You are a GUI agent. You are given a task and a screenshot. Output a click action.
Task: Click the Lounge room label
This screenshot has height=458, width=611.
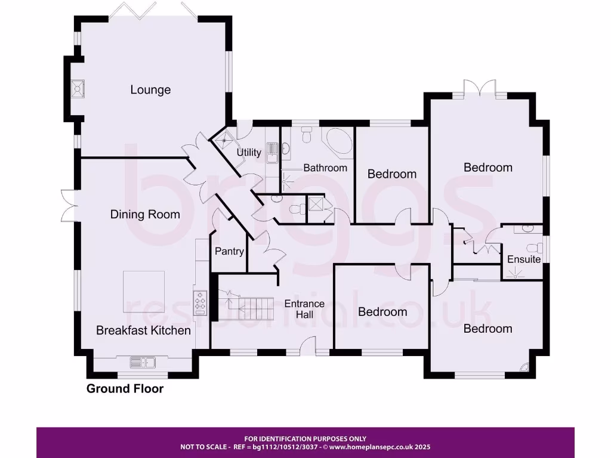pyautogui.click(x=150, y=90)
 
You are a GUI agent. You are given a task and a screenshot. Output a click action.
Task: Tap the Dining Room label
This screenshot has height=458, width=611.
pyautogui.click(x=145, y=214)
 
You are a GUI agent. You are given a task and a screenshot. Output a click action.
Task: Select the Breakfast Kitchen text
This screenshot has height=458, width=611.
pyautogui.click(x=143, y=330)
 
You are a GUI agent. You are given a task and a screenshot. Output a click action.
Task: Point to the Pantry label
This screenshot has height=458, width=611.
pyautogui.click(x=229, y=251)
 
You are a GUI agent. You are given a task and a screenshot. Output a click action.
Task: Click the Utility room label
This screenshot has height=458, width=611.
pyautogui.click(x=249, y=152)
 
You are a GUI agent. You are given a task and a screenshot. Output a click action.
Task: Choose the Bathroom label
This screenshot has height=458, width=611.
pyautogui.click(x=325, y=168)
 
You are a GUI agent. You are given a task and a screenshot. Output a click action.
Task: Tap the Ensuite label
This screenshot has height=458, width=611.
pyautogui.click(x=524, y=259)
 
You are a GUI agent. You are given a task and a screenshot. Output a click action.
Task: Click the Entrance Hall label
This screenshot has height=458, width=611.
pyautogui.click(x=304, y=308)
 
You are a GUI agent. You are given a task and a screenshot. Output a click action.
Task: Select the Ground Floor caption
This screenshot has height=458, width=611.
pyautogui.click(x=125, y=389)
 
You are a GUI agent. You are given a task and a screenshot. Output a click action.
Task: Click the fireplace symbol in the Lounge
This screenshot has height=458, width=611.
pyautogui.click(x=78, y=89)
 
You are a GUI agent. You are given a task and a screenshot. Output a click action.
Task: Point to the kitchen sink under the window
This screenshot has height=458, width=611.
pyautogui.click(x=143, y=361)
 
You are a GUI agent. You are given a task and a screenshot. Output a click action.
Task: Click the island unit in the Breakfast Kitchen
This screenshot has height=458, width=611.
pyautogui.click(x=144, y=291)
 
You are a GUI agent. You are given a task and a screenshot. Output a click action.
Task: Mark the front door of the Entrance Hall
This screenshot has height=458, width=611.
pyautogui.click(x=308, y=345)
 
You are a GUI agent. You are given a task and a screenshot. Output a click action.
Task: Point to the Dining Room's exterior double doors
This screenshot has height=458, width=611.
pyautogui.click(x=67, y=204)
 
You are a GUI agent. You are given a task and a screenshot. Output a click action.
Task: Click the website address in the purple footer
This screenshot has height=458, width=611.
pyautogui.click(x=379, y=447)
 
